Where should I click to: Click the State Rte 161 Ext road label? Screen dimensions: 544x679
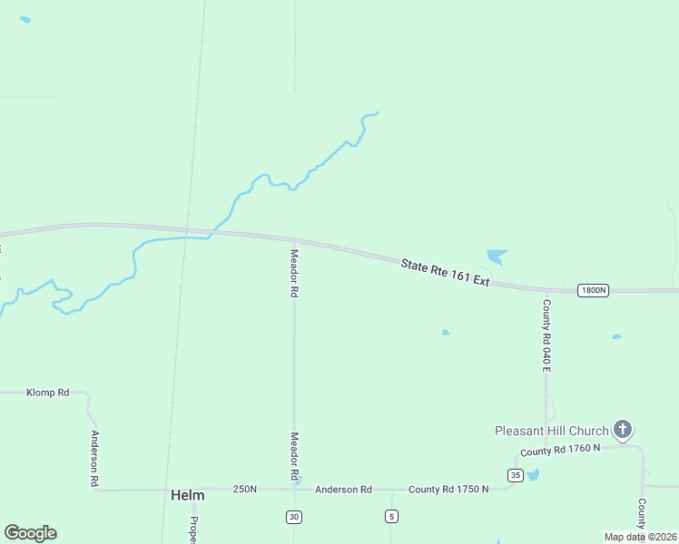[445, 272]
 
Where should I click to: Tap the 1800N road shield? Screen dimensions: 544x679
[592, 290]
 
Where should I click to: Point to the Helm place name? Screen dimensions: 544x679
[187, 496]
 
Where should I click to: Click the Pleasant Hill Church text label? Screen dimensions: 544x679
[551, 430]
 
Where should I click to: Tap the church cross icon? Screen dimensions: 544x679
[622, 429]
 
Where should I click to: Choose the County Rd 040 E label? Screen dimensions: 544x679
[546, 335]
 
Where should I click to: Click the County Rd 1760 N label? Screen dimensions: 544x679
[560, 451]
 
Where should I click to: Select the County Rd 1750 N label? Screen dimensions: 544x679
[448, 490]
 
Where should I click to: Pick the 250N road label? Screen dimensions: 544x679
[244, 490]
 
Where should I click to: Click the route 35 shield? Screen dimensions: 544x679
[515, 475]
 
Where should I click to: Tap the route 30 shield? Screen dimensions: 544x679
[294, 517]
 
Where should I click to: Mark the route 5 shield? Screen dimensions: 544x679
[391, 517]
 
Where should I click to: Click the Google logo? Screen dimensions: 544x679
[30, 533]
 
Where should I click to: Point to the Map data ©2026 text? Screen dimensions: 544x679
[640, 537]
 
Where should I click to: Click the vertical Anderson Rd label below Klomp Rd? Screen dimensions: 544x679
[93, 458]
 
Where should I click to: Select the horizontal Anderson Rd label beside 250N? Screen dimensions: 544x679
[343, 490]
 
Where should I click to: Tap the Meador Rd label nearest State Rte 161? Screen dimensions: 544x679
[294, 274]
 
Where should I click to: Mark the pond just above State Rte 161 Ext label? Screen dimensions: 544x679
[497, 256]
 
